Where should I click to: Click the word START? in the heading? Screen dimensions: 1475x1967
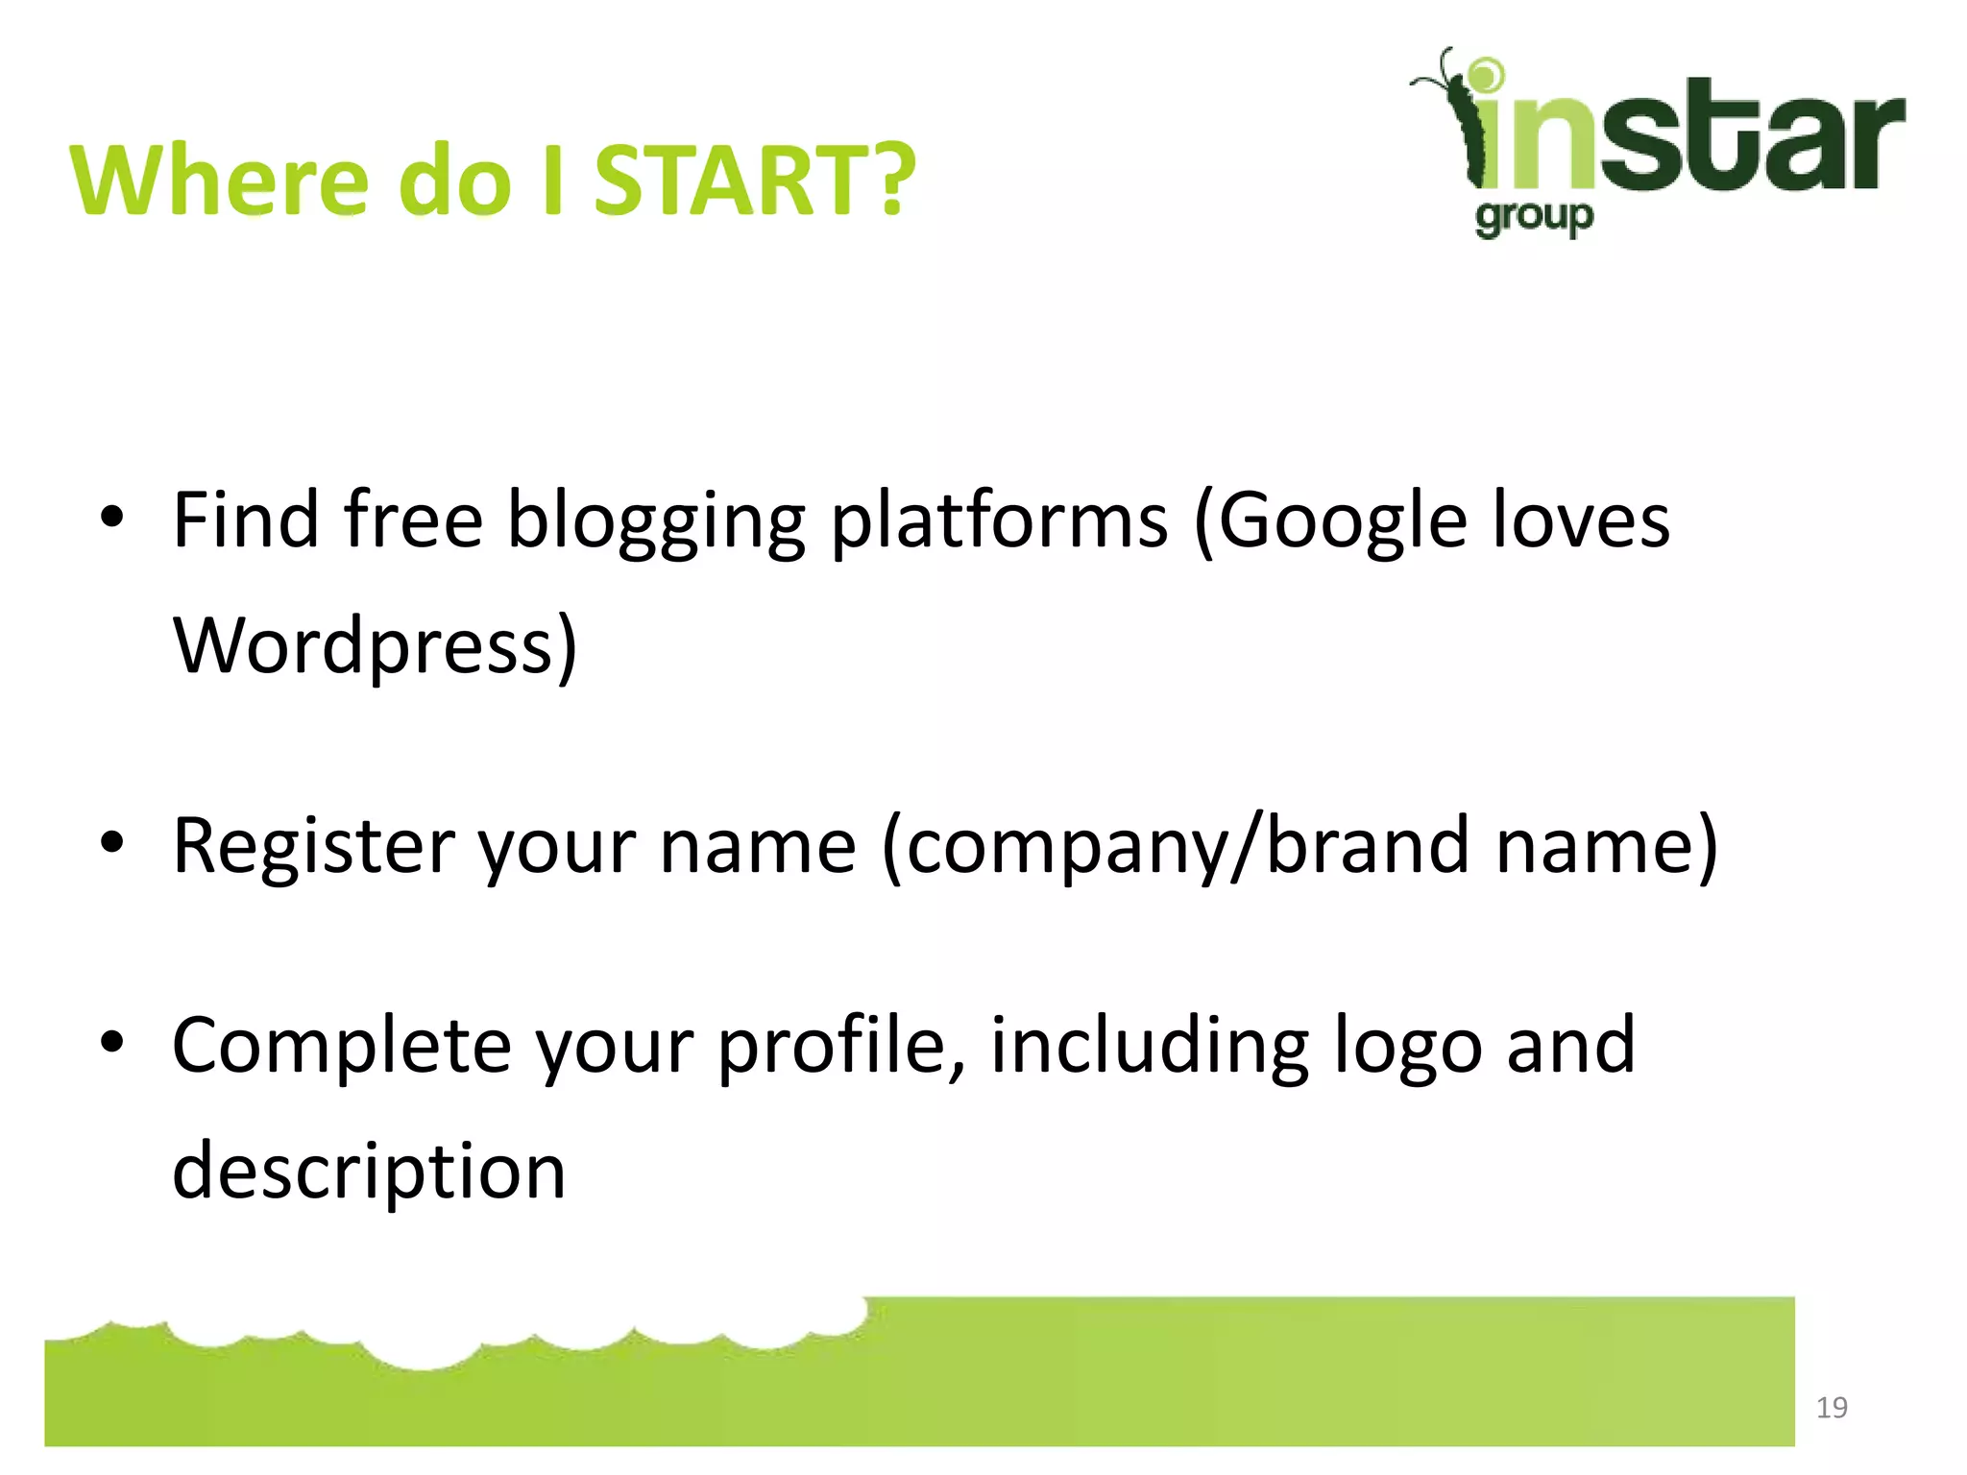[755, 181]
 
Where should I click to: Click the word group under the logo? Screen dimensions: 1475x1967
[1534, 218]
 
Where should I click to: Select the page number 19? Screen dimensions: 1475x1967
[1832, 1408]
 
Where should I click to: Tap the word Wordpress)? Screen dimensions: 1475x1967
[376, 646]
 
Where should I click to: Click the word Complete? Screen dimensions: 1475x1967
[341, 1047]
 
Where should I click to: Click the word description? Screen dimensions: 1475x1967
[369, 1173]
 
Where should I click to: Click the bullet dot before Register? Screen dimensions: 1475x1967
[112, 842]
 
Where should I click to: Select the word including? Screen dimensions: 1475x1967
[1149, 1047]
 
